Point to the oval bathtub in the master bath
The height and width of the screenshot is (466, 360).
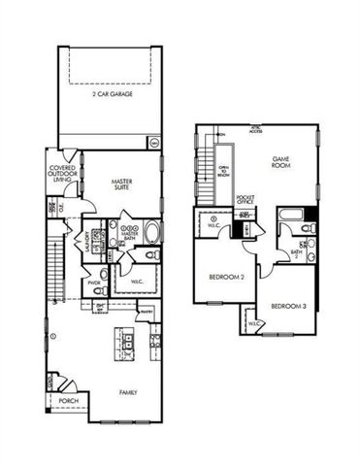[150, 233]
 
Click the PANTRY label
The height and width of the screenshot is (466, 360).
[146, 311]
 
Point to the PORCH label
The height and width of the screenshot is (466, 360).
[68, 401]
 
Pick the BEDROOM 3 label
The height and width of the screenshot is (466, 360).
[287, 307]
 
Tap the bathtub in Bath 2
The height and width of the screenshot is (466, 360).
[291, 213]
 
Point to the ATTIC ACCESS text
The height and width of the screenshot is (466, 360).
[256, 129]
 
